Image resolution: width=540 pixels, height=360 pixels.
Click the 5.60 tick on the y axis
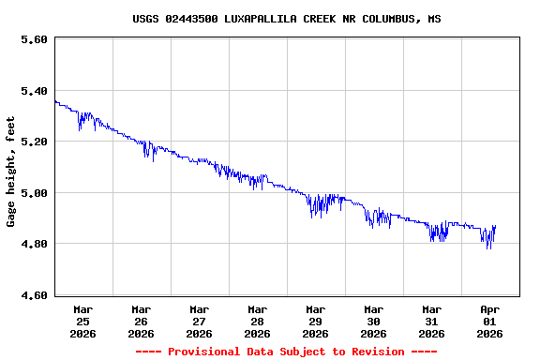[34, 39]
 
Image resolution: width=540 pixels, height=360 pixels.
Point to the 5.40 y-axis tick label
[34, 91]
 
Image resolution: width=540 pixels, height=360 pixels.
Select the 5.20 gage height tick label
[34, 142]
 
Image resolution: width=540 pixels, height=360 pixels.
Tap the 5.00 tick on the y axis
[34, 193]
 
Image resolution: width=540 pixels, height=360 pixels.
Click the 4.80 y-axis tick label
[34, 244]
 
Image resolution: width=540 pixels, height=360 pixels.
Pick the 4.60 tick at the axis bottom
[34, 295]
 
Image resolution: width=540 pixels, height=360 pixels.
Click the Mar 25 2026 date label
[82, 321]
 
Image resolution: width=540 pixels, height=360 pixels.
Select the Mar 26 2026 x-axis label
[141, 321]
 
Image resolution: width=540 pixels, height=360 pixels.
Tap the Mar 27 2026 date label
[199, 321]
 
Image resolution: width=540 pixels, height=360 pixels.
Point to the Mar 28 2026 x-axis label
[257, 321]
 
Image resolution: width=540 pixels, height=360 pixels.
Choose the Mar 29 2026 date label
[315, 321]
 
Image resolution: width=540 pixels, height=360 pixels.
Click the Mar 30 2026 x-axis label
[373, 321]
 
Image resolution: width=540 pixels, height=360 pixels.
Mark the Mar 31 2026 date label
[431, 321]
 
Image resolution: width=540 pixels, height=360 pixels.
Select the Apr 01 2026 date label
[489, 321]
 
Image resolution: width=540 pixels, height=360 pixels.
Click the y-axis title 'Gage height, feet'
[11, 172]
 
